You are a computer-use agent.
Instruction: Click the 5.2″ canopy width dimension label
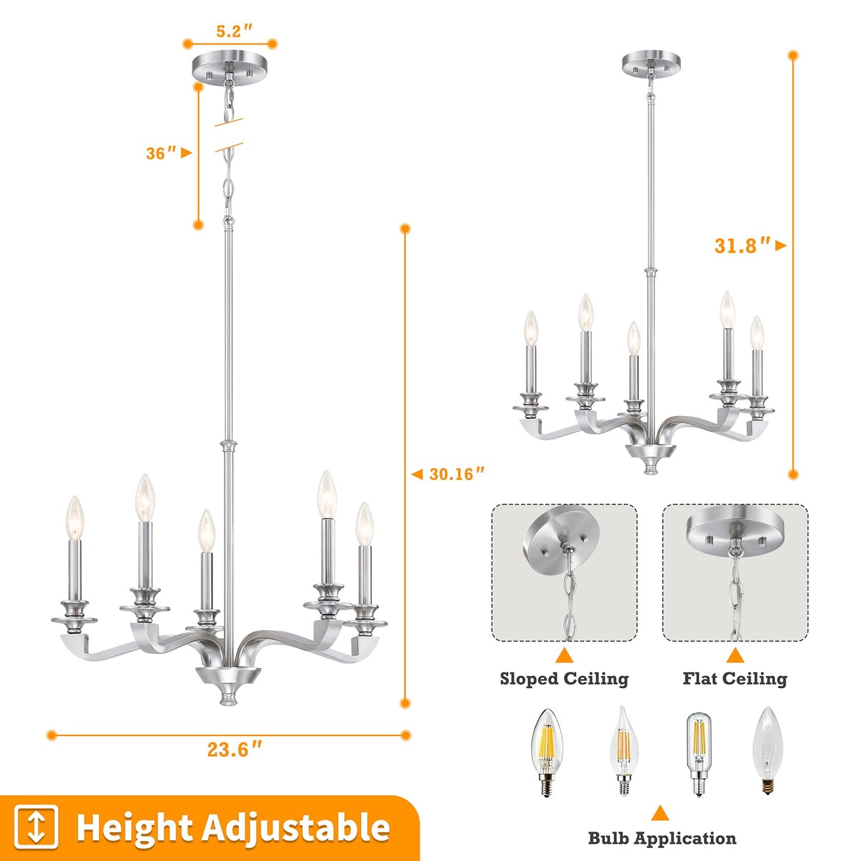pos(234,31)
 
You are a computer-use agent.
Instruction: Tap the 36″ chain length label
pos(161,154)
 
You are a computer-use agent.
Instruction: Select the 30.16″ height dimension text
pos(456,474)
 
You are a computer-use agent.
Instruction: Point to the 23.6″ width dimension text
pos(234,749)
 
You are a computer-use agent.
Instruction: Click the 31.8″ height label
pos(743,245)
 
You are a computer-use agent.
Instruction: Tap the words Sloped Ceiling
pos(564,679)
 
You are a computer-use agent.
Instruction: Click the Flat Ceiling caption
pos(735,679)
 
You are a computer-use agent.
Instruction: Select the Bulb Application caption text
pos(662,838)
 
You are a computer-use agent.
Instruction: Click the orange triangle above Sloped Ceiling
pos(565,656)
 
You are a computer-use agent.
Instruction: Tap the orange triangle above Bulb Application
pos(660,814)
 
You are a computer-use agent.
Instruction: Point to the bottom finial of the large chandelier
pos(229,699)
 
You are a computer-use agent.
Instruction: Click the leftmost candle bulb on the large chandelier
pos(75,517)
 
